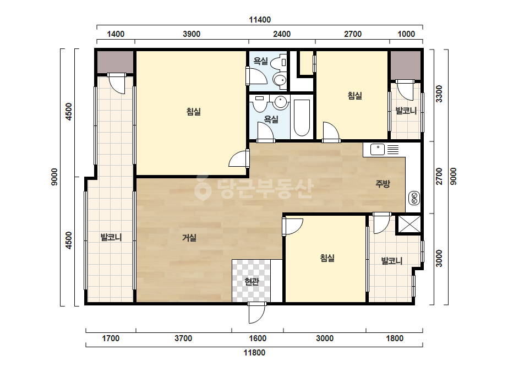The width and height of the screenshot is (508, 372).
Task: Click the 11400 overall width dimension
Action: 260,20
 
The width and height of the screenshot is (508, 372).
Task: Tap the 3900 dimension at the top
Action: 192,34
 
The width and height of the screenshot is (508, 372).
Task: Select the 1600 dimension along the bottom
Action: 258,338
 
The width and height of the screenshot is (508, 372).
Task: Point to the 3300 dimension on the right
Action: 439,94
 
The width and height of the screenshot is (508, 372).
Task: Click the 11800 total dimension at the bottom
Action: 254,353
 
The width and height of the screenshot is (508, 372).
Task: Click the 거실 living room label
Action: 189,238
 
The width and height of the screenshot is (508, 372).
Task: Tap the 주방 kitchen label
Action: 383,184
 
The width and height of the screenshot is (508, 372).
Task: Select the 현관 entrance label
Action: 252,282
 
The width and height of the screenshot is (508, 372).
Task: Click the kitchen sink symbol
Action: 377,149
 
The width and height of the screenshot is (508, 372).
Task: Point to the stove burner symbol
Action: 414,198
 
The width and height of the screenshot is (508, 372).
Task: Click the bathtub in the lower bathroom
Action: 302,118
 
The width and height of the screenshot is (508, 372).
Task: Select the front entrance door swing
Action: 257,313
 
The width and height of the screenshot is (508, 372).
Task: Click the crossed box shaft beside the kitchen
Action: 408,224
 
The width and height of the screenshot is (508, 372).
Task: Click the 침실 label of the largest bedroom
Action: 194,112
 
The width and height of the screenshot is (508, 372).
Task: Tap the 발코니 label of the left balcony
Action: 111,237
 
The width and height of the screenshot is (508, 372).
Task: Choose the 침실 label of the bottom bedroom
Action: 327,258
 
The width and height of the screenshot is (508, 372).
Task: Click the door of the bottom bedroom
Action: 292,226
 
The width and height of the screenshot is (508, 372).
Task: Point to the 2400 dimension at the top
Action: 282,34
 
